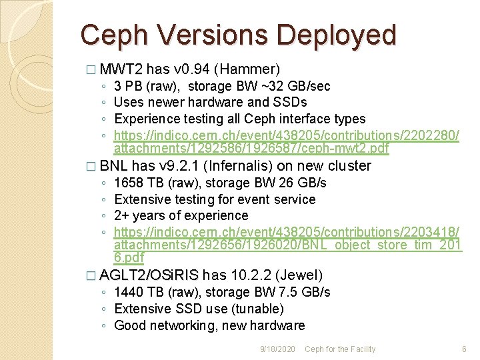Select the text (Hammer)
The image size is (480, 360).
click(249, 69)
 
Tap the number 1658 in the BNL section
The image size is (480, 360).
click(127, 183)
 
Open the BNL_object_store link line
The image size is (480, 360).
click(287, 245)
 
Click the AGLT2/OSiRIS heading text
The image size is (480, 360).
click(149, 275)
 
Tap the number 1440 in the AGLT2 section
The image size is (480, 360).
click(127, 292)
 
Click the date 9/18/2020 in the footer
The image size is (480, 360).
click(278, 349)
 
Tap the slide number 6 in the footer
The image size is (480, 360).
click(464, 349)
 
